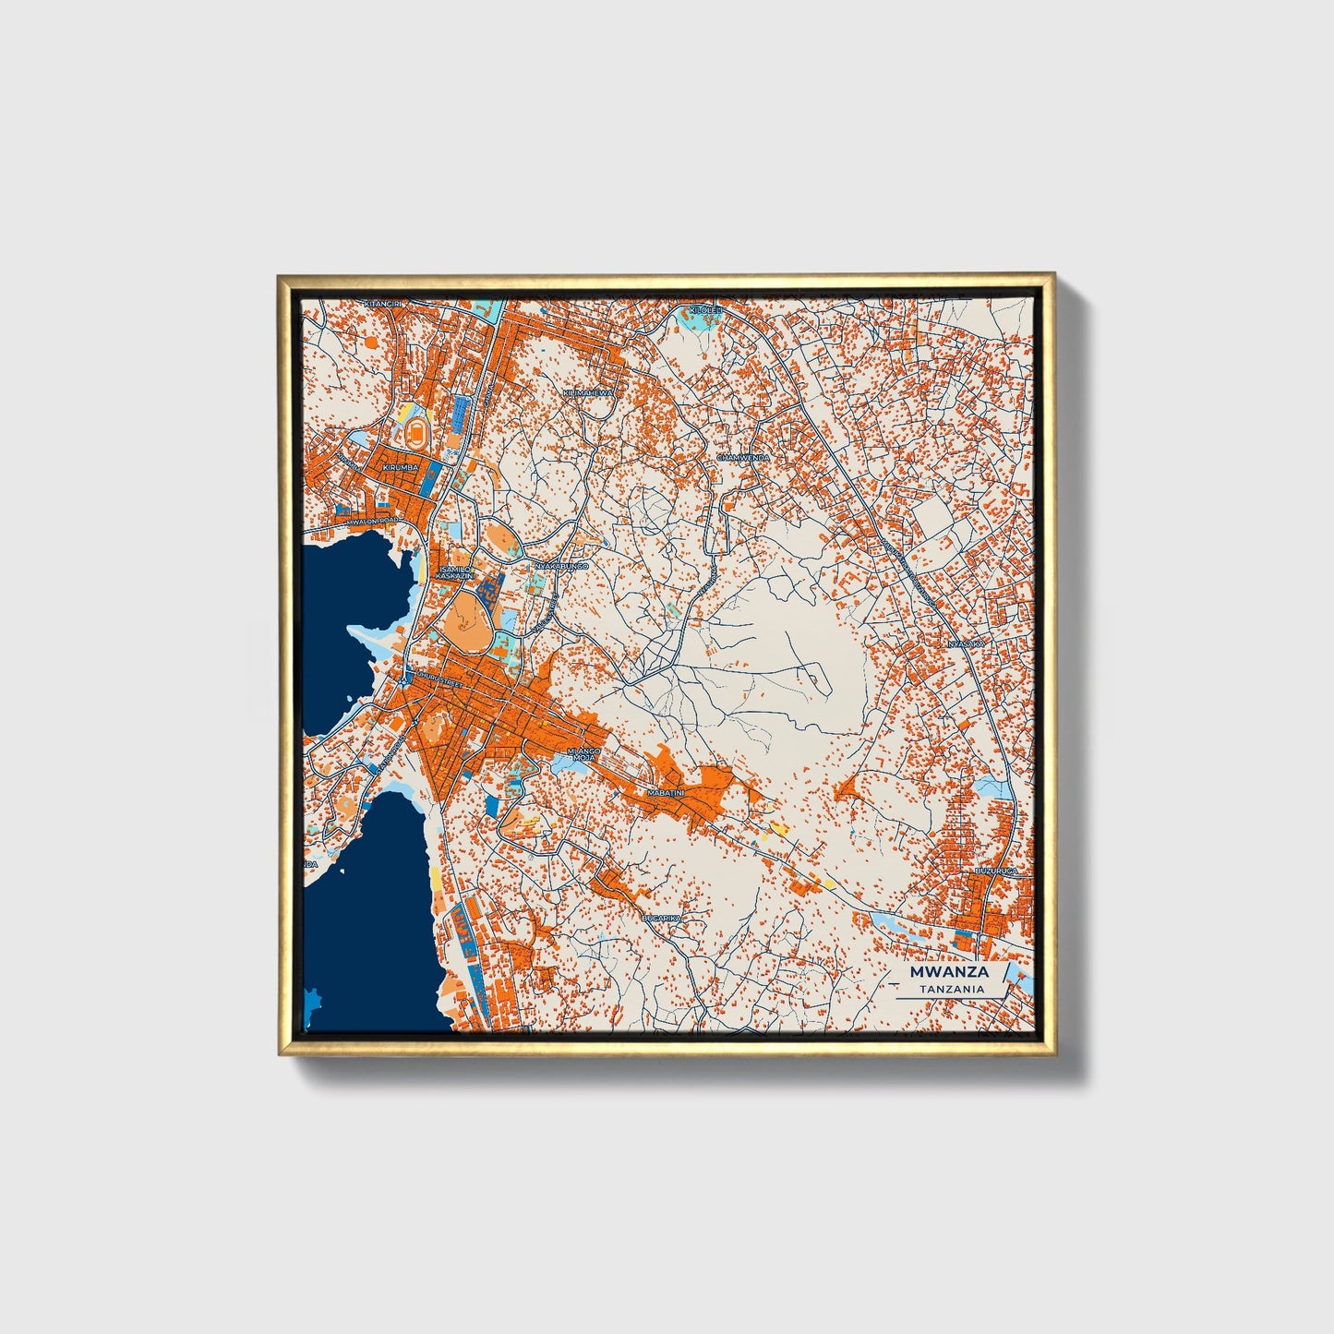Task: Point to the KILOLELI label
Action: [704, 311]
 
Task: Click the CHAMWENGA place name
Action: [743, 457]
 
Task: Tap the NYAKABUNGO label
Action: [561, 565]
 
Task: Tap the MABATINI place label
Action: [666, 793]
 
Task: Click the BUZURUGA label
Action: [996, 871]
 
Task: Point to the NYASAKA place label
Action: [967, 643]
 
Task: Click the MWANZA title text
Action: [949, 972]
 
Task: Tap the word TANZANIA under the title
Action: [951, 989]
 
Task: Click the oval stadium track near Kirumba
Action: [419, 430]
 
